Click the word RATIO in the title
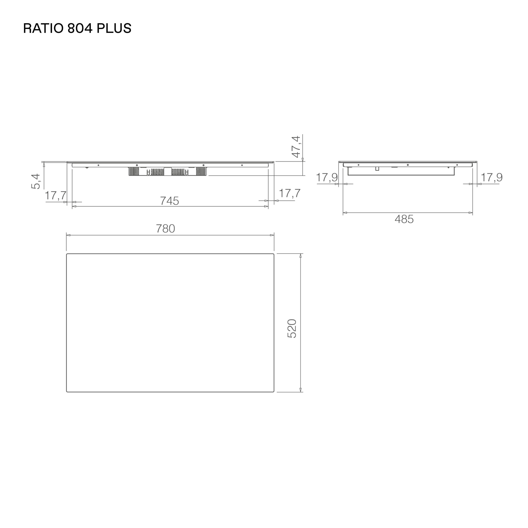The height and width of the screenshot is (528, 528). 43,28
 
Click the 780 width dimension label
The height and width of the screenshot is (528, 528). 165,229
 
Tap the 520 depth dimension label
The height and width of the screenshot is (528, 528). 292,329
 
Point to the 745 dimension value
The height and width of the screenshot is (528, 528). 170,201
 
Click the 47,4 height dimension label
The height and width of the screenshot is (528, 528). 296,147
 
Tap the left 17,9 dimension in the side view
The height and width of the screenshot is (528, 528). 327,177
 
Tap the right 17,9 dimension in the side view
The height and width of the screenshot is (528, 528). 491,177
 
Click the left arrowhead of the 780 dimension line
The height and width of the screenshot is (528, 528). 68,235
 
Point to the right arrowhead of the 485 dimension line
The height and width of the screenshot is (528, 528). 471,213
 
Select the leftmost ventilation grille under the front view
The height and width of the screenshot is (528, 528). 134,171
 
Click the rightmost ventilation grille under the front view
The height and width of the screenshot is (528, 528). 201,171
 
